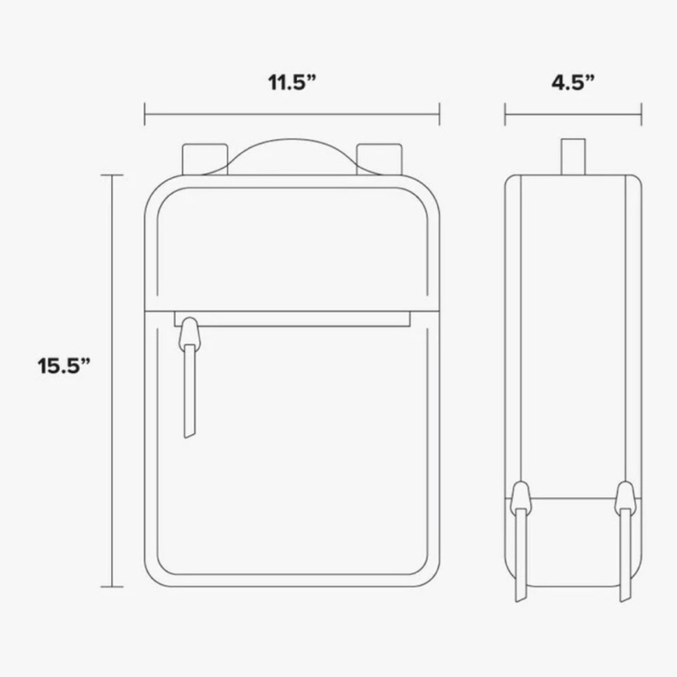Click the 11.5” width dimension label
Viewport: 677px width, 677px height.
[292, 82]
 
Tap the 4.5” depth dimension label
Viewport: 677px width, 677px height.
[573, 82]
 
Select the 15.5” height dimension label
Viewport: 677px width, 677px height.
[64, 366]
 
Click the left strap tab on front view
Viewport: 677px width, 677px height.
[205, 159]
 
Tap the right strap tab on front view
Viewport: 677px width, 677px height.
[379, 159]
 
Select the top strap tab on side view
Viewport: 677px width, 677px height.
[573, 157]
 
